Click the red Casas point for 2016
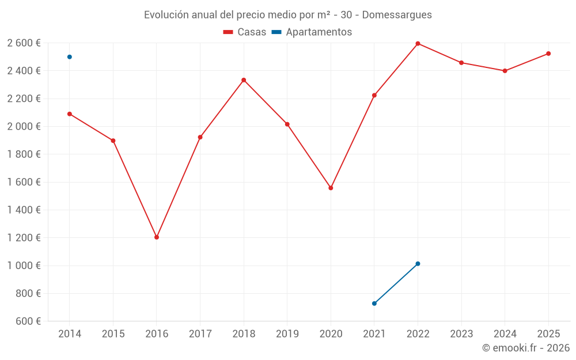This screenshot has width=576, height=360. click(157, 237)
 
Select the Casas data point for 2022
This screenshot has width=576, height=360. click(418, 44)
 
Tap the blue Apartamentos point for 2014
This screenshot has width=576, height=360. click(70, 57)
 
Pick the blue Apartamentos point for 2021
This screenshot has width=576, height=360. click(374, 304)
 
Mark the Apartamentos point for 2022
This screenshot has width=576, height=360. click(418, 264)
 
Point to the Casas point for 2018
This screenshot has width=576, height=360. click(244, 80)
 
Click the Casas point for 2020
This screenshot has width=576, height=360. click(331, 188)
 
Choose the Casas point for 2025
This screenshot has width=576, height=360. click(548, 54)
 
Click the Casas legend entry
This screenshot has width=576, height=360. click(245, 32)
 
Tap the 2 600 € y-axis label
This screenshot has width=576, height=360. click(24, 43)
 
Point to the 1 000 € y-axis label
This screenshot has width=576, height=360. click(24, 266)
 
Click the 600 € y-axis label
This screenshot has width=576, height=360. click(28, 321)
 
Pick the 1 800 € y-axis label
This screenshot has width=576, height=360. click(24, 154)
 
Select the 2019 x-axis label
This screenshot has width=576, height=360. click(287, 334)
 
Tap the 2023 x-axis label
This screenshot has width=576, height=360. click(461, 334)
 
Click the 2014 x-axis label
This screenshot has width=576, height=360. click(70, 334)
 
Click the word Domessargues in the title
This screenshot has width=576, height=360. click(397, 15)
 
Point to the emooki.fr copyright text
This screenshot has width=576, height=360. click(526, 348)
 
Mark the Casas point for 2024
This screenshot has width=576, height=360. click(505, 71)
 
